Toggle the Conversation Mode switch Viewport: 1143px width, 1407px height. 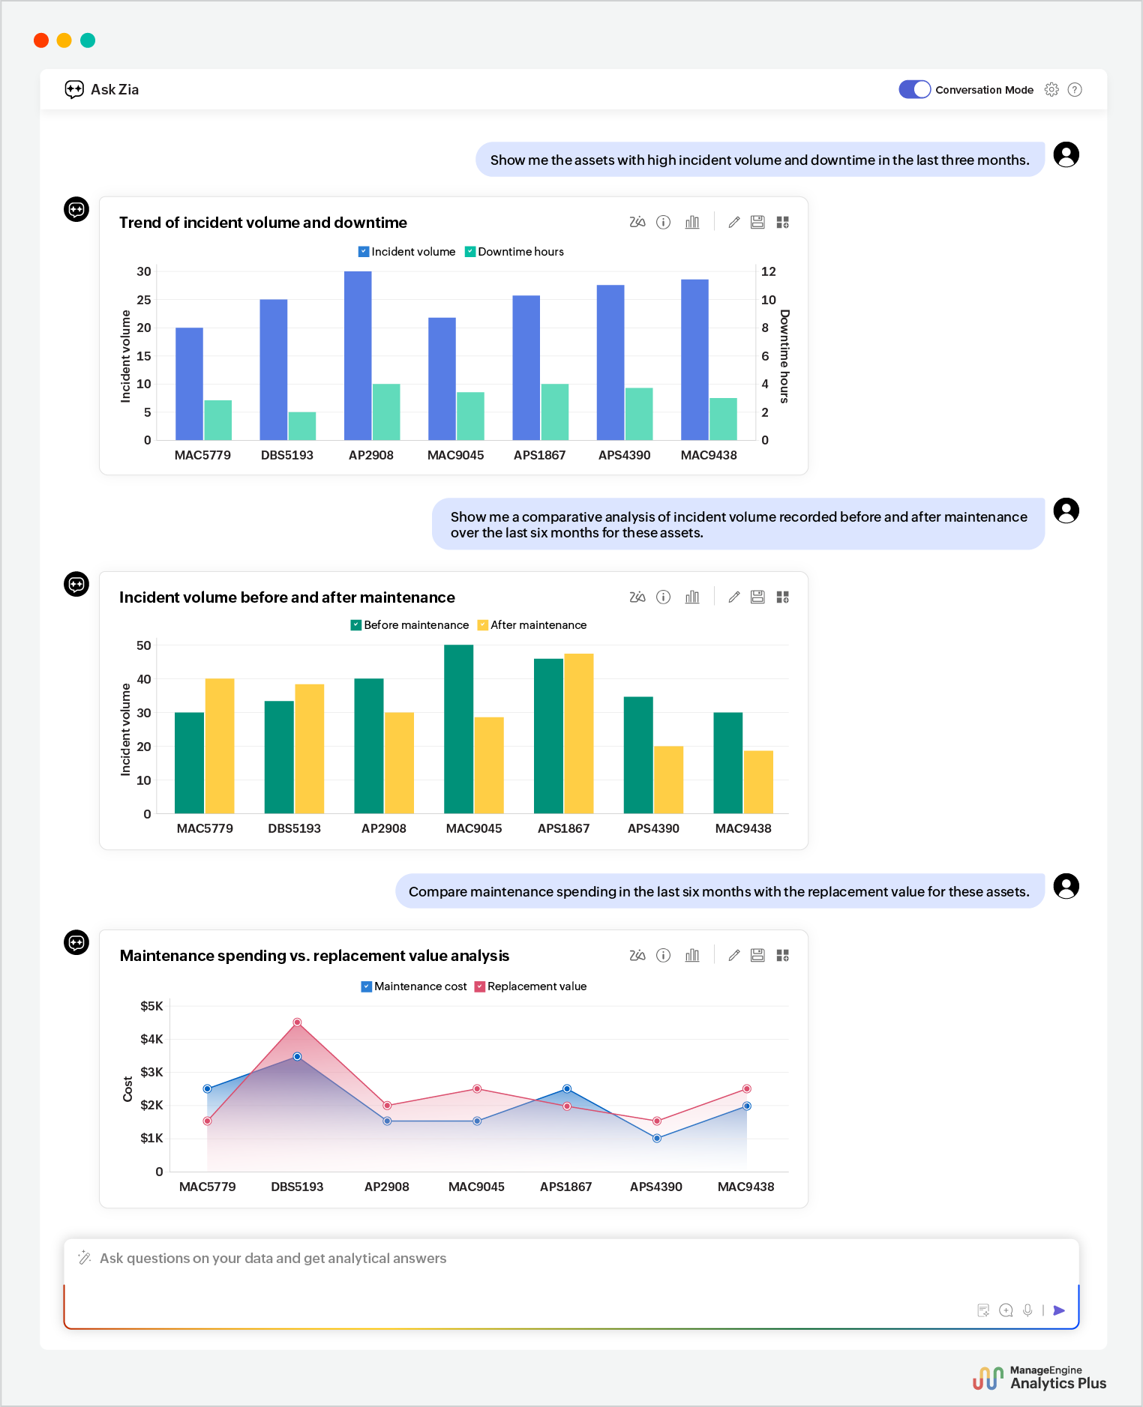(914, 89)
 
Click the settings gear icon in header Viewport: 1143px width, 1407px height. (1051, 89)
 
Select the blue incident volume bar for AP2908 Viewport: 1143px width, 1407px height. (358, 356)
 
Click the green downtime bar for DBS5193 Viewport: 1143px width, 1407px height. (302, 426)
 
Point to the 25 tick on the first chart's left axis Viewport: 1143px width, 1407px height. (144, 300)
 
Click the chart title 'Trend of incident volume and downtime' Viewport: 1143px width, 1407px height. (262, 223)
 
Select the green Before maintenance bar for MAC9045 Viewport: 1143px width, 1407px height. (458, 729)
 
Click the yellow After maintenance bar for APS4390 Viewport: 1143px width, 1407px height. (668, 780)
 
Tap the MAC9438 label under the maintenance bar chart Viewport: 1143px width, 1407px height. (742, 828)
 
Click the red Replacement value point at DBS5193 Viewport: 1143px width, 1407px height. (297, 1022)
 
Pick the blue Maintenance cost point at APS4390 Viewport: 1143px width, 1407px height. (657, 1138)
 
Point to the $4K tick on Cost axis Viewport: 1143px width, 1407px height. (151, 1039)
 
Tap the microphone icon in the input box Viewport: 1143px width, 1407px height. (1027, 1310)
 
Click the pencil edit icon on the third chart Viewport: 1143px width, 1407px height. (734, 955)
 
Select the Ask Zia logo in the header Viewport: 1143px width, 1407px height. (74, 90)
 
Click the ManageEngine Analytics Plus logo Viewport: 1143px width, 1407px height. (1039, 1378)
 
